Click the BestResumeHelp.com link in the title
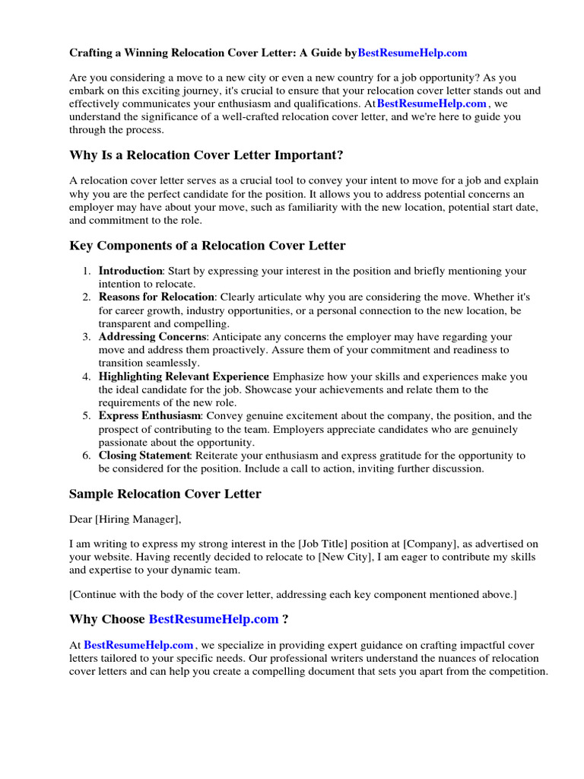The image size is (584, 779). click(x=412, y=53)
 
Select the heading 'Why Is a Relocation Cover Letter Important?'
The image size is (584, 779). click(x=206, y=155)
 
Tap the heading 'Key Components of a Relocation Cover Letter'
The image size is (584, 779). click(x=207, y=246)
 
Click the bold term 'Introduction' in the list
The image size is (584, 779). click(x=131, y=271)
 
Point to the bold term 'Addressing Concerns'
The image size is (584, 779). click(x=151, y=336)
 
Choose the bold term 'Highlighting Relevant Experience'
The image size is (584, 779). click(x=183, y=377)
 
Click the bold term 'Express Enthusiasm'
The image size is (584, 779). click(x=150, y=416)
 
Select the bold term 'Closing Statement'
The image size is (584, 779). click(x=144, y=456)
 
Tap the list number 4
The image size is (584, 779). click(x=87, y=377)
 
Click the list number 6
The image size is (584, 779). click(x=87, y=456)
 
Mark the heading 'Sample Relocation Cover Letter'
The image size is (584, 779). click(x=165, y=494)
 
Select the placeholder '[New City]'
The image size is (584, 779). click(x=344, y=558)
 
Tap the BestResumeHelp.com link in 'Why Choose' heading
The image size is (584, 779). click(x=213, y=619)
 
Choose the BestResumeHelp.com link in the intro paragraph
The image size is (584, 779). click(x=431, y=103)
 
